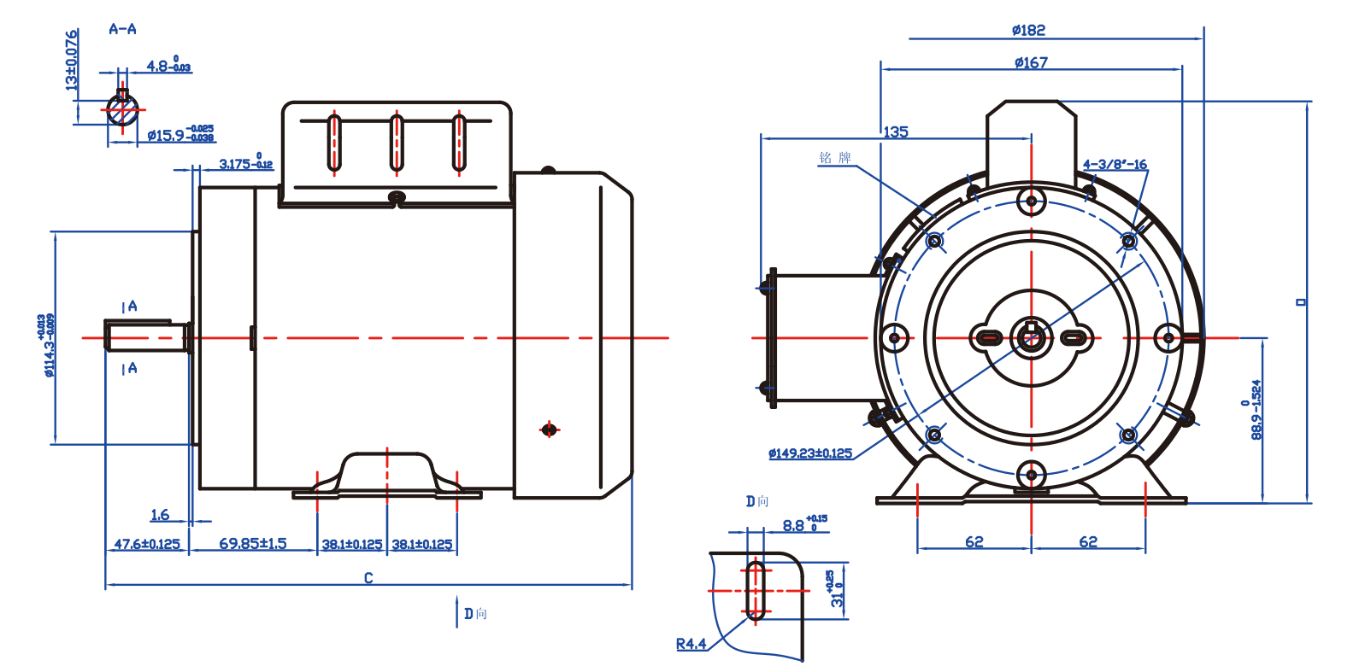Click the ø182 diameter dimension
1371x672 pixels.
pos(1028,31)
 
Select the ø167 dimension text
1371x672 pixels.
pos(1031,62)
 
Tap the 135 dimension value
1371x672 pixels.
pos(896,132)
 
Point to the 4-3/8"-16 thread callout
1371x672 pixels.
pos(1115,165)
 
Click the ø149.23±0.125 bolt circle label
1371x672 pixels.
pos(809,453)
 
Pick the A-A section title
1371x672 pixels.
pos(122,29)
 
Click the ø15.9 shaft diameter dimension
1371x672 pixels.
pos(179,135)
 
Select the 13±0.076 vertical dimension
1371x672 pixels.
pos(72,60)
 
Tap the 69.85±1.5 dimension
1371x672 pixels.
pos(253,544)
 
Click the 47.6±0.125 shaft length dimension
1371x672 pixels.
pos(147,544)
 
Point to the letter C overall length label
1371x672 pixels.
pos(368,578)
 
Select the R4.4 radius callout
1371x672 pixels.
pos(691,644)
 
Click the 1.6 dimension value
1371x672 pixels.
pos(160,515)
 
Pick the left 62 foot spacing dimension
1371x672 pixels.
pos(974,542)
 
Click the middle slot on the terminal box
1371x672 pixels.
pos(397,143)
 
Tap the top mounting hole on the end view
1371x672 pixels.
pos(1032,202)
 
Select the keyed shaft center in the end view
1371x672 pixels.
pos(1032,337)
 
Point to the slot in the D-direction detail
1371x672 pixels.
pos(756,590)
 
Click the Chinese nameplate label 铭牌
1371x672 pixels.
pos(835,158)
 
